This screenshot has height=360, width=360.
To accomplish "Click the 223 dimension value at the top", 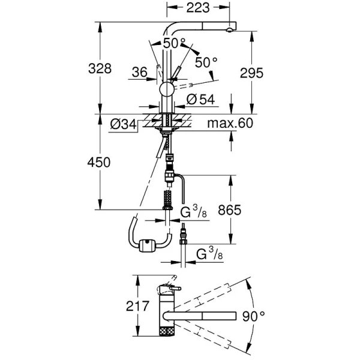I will click(197, 8).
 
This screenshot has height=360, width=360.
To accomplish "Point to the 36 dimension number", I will click(139, 72).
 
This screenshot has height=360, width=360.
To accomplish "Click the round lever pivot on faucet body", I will click(166, 90).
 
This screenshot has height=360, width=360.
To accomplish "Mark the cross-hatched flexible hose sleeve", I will click(167, 198).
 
